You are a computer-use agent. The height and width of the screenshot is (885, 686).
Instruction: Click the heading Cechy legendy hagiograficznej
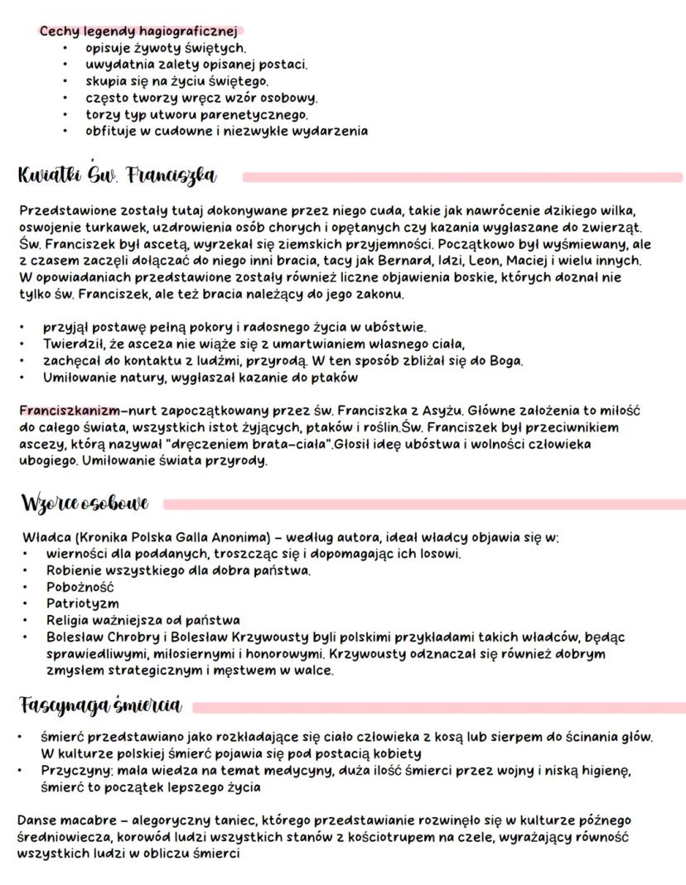coord(138,31)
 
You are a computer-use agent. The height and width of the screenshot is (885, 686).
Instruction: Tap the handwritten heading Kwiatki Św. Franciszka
coord(116,176)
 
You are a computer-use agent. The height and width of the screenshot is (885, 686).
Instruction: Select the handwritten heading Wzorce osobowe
coord(85,503)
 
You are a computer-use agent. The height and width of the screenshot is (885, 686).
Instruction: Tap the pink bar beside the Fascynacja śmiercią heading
coord(439,706)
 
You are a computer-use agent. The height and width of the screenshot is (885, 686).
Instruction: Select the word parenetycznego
coord(254,114)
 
